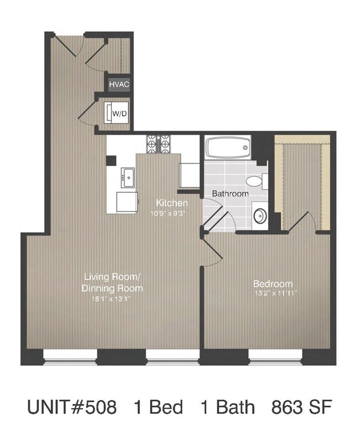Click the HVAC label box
point(119,84)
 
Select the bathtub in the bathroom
point(228,148)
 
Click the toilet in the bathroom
point(255,181)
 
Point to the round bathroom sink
point(259,216)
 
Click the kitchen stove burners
point(159,144)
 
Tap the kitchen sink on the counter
point(128,178)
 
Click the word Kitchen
point(172,203)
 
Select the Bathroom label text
point(230,194)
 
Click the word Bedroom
point(268,283)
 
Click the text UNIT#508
point(72,408)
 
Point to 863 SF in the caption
point(301,408)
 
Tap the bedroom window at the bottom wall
point(275,361)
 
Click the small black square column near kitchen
point(111,160)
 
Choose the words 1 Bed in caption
point(158,408)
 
